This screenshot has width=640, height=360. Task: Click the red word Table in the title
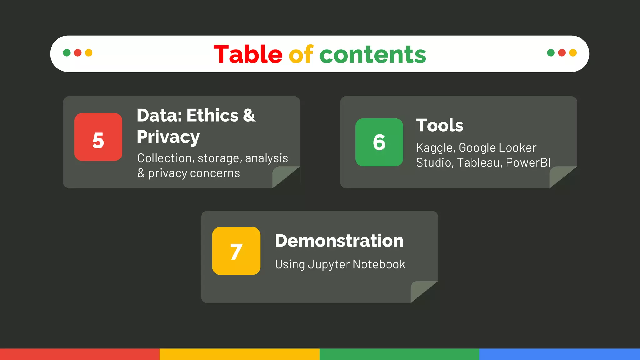point(248,54)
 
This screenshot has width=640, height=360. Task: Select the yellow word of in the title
point(301,54)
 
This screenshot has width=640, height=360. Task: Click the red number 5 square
point(98,137)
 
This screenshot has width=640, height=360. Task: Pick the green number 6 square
point(379,142)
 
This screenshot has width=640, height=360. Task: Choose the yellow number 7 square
point(236,251)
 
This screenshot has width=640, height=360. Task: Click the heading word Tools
point(440,125)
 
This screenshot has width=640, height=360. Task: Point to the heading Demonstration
point(339,241)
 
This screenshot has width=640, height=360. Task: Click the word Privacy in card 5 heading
point(168,137)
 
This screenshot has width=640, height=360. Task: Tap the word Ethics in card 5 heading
point(212,115)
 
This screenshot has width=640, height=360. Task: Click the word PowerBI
point(528,163)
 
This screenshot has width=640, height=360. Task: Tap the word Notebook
point(379,264)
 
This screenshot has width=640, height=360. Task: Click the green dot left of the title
point(67,52)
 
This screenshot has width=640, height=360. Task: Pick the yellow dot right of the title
point(573,52)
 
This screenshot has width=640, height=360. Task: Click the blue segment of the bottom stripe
point(559,354)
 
